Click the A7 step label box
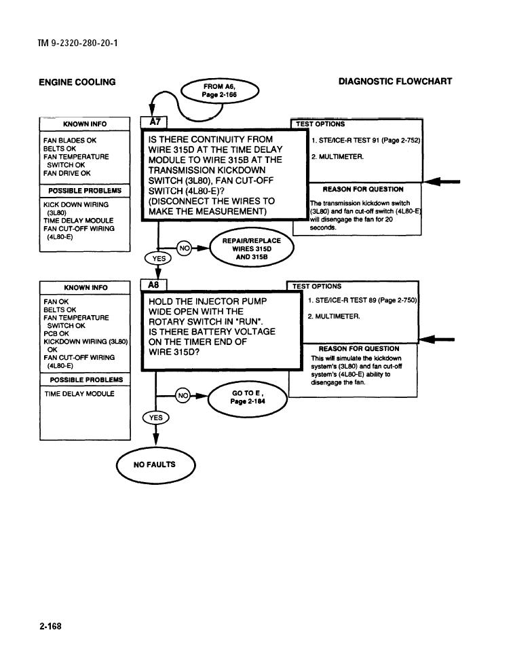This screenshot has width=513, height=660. tap(154, 122)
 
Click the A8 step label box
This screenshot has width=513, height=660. tap(153, 285)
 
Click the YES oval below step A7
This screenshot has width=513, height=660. tap(158, 258)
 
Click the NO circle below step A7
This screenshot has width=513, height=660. tap(184, 249)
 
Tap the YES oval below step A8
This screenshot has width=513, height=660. tap(155, 418)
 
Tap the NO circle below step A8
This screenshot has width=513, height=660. tap(183, 396)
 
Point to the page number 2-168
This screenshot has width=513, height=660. tap(50, 626)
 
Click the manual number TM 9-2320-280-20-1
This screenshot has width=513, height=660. tap(78, 43)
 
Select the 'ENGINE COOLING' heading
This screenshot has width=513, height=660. tap(77, 82)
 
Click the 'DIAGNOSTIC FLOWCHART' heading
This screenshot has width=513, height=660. tap(395, 81)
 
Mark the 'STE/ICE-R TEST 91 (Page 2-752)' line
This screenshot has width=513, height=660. tap(366, 140)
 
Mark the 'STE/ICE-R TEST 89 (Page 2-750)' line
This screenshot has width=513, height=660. tap(362, 300)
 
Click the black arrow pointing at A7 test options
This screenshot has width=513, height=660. tap(442, 181)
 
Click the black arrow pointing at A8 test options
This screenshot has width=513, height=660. tap(437, 340)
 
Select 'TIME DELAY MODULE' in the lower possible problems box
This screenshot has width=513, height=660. tap(79, 394)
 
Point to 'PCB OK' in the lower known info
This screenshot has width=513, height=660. tap(56, 333)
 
